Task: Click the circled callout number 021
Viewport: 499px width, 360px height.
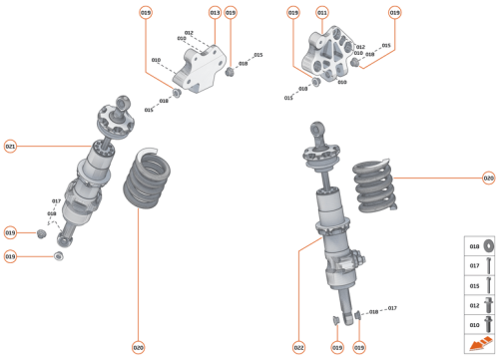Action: click(10, 146)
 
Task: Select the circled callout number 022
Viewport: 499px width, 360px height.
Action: click(298, 347)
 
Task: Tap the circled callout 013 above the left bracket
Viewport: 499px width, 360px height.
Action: click(215, 12)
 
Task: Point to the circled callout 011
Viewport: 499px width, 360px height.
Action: click(321, 12)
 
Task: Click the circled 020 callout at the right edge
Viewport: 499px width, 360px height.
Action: click(488, 179)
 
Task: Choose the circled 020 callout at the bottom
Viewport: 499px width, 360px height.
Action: click(138, 347)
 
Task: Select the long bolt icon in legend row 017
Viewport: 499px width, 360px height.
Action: click(489, 266)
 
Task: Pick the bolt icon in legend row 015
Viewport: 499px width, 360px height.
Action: click(489, 286)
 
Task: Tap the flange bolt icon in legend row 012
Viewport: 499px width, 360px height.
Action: click(489, 305)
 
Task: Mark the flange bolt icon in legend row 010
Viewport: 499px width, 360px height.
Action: click(489, 324)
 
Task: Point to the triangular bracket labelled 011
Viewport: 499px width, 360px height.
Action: click(328, 52)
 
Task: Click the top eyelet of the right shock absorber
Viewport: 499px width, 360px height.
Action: click(315, 130)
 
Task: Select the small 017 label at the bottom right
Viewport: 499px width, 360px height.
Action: click(392, 308)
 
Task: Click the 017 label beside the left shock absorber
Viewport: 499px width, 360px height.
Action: click(57, 202)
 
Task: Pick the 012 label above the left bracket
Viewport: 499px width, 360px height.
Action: click(189, 33)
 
